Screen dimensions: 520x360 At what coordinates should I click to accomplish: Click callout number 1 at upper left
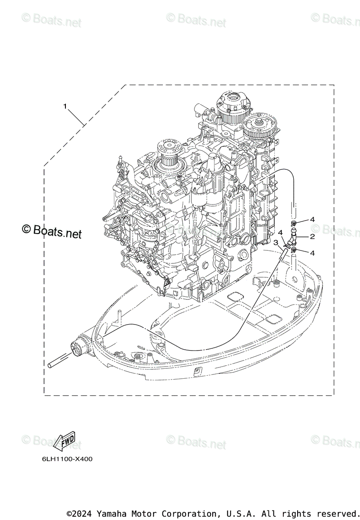click(65, 106)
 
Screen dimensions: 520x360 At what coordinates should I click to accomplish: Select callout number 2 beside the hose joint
click(312, 237)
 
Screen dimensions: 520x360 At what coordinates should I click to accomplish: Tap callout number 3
click(276, 243)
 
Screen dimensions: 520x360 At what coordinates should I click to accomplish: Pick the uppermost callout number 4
click(312, 219)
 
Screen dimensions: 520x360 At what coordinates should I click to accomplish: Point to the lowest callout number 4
click(312, 253)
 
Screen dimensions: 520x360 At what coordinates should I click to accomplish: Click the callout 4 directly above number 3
click(280, 233)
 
